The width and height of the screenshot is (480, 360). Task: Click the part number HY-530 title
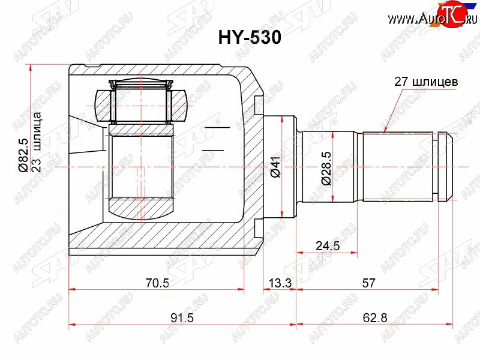pos(250,38)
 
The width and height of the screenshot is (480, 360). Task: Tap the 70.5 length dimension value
pos(157,283)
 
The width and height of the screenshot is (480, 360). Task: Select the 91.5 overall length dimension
pos(182,318)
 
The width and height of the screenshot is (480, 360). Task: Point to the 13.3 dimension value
pos(280,283)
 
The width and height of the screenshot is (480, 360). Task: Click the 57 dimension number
pos(368,283)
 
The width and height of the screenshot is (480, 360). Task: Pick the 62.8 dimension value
pos(375,318)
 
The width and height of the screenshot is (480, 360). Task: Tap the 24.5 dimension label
pos(328,245)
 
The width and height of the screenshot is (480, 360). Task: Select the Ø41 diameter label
pos(275,166)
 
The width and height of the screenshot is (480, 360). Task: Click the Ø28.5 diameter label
pos(326,169)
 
